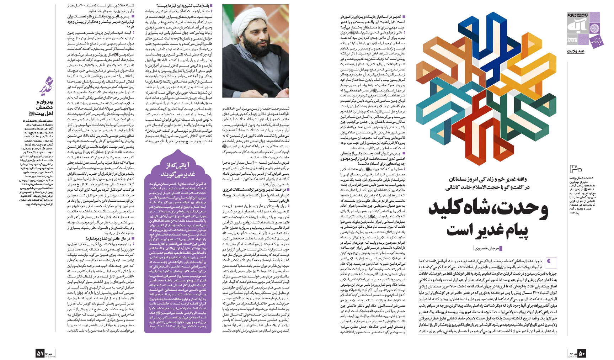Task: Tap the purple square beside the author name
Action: click(x=501, y=248)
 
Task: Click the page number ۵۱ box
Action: click(x=40, y=353)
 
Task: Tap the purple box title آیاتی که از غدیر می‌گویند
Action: click(x=178, y=169)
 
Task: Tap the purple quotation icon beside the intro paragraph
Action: click(x=551, y=262)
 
